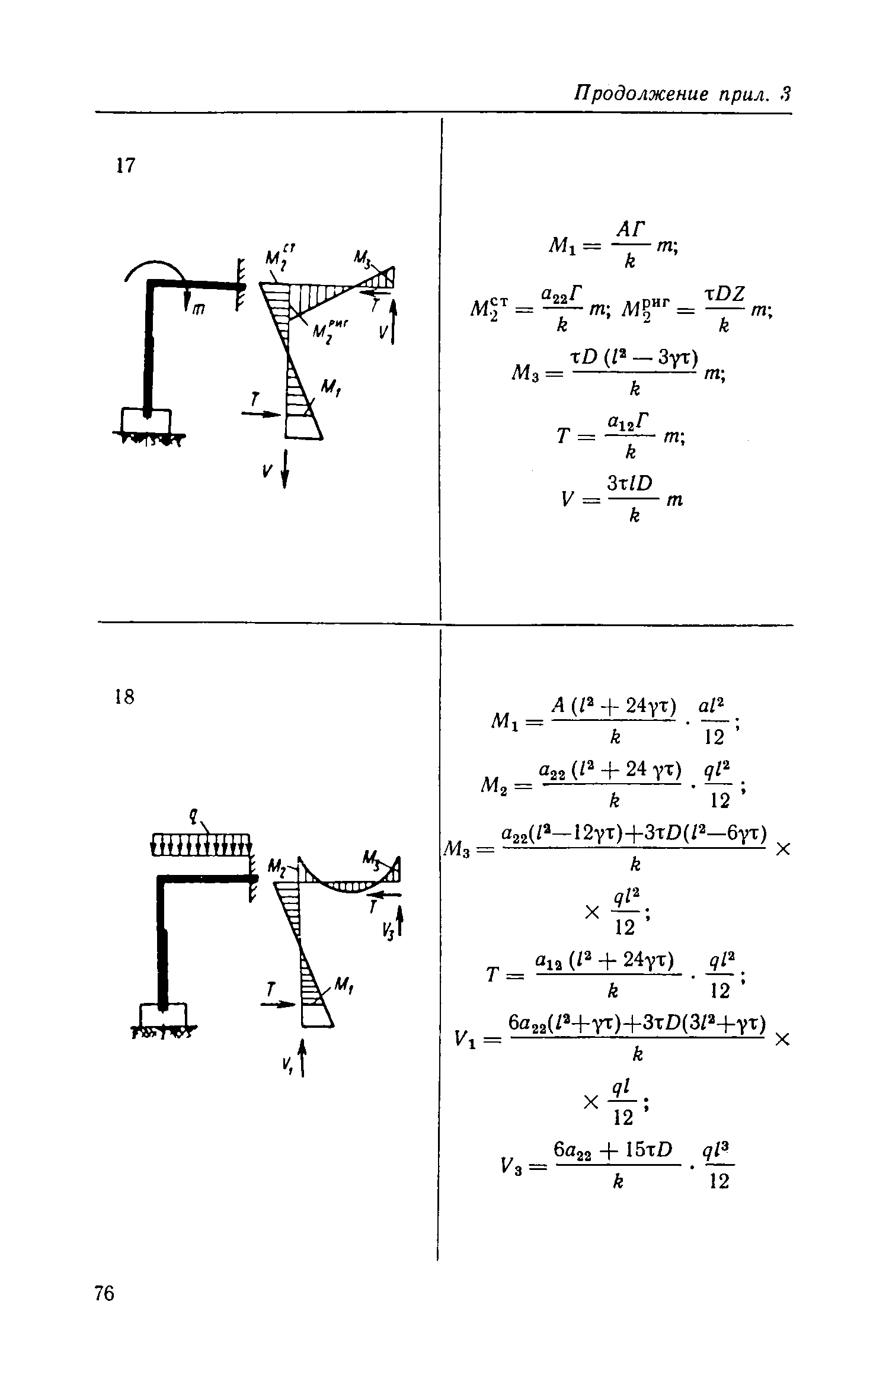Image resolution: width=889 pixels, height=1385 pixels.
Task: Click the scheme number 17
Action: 126,165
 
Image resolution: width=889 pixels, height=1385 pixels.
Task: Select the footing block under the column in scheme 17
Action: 146,421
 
